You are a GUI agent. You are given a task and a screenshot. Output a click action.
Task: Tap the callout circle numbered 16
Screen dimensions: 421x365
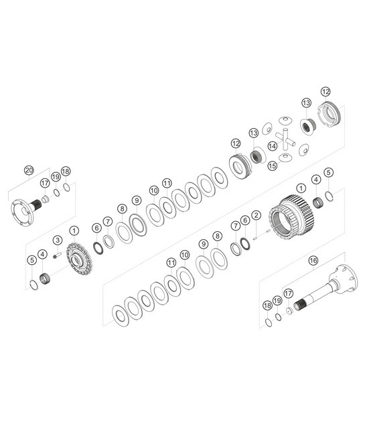coord(312,260)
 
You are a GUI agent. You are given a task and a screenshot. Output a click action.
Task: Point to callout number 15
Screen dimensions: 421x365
coord(272,166)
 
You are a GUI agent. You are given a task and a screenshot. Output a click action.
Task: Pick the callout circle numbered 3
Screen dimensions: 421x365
coord(58,241)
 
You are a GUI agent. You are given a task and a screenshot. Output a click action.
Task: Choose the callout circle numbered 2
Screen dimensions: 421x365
coord(256,215)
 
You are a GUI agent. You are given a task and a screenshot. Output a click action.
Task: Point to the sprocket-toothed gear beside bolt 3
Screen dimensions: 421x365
coord(80,259)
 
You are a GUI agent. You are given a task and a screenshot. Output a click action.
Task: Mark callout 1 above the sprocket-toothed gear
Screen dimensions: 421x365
coord(74,231)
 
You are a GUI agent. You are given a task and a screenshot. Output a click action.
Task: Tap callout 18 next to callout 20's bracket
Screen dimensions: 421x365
coord(65,171)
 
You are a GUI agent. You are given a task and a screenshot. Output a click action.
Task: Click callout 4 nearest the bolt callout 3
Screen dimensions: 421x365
coord(43,254)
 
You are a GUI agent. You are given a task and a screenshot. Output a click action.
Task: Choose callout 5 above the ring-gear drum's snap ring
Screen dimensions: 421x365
coord(328,173)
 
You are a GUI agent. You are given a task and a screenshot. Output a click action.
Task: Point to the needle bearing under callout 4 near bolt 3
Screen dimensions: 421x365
coord(46,278)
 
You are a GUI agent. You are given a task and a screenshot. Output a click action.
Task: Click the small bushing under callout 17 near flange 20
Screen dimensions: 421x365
coord(46,199)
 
